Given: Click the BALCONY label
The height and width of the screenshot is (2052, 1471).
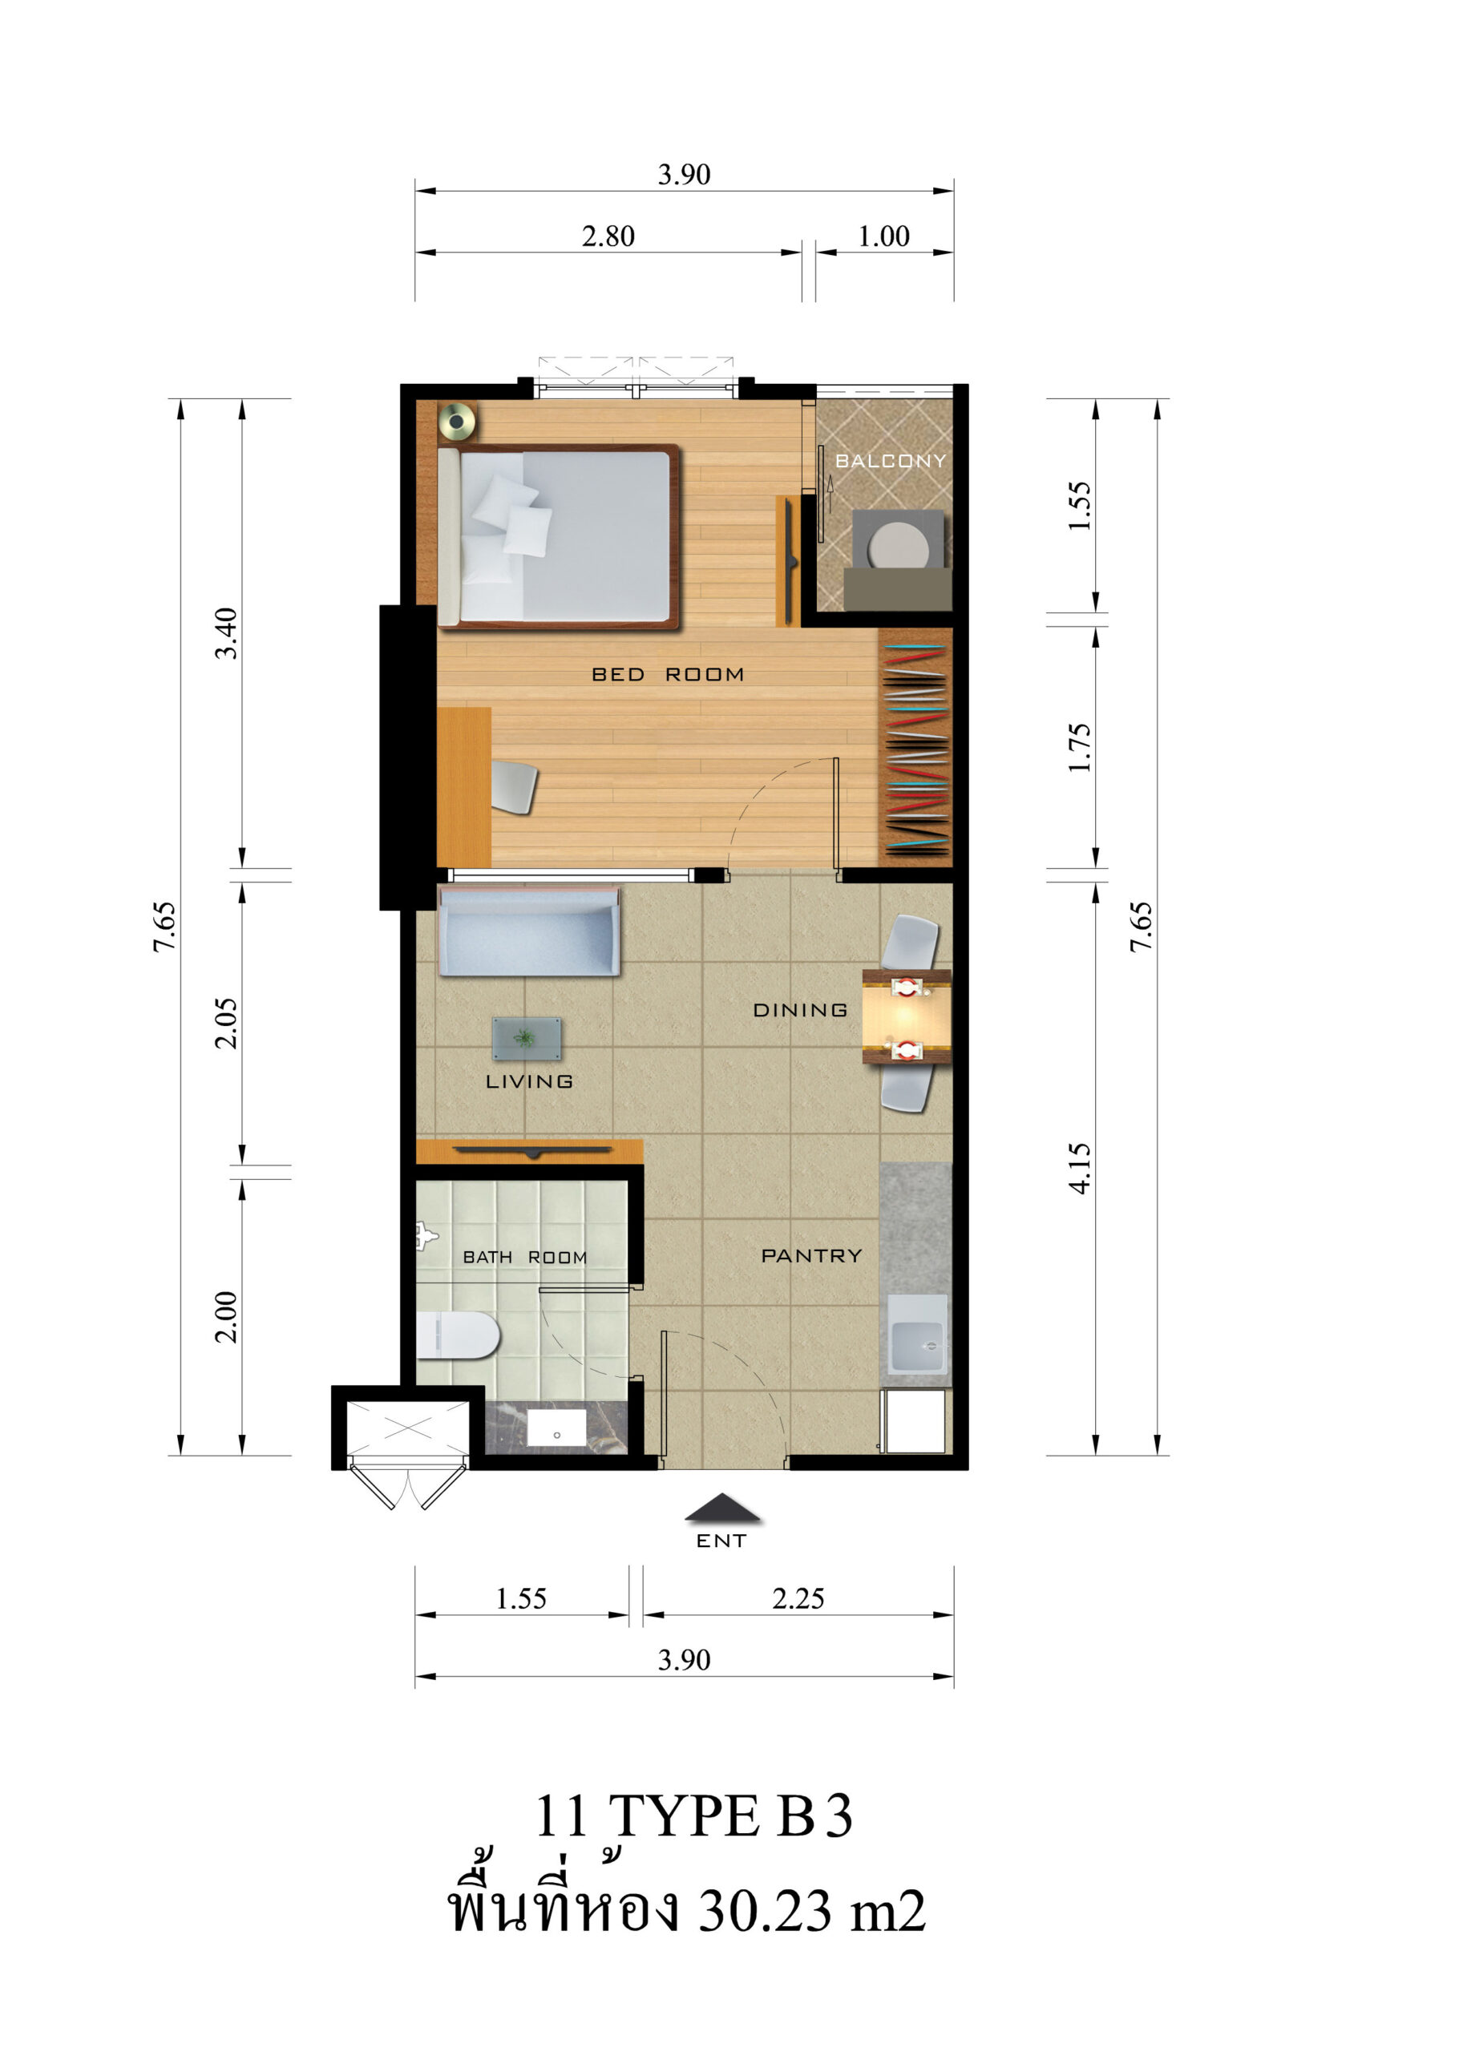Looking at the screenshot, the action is click(889, 461).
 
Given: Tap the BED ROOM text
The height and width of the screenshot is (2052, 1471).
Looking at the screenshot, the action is click(668, 674).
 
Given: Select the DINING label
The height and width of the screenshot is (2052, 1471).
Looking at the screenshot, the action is click(801, 1010).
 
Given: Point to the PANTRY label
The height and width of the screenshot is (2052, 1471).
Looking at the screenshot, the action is click(811, 1256).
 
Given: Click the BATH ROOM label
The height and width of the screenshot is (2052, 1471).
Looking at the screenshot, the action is click(525, 1258).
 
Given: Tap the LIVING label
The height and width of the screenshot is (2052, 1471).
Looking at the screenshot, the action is click(529, 1081).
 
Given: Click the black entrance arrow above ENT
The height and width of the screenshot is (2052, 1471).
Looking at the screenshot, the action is click(722, 1507).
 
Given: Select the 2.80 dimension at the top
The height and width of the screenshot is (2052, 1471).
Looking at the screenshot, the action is click(608, 236).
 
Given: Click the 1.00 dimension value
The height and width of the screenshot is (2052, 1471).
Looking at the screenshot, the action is click(884, 236).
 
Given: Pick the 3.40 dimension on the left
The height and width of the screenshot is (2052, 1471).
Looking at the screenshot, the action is click(226, 633).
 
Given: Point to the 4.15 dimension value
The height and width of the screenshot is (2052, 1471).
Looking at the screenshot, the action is click(1080, 1169).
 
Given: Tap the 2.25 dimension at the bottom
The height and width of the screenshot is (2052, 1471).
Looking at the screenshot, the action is click(798, 1598).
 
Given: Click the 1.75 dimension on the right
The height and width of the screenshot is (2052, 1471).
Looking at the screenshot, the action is click(1080, 747).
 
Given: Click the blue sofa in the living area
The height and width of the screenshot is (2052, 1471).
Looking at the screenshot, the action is click(529, 931).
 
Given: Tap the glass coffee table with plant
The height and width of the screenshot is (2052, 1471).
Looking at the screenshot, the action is click(526, 1039).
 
